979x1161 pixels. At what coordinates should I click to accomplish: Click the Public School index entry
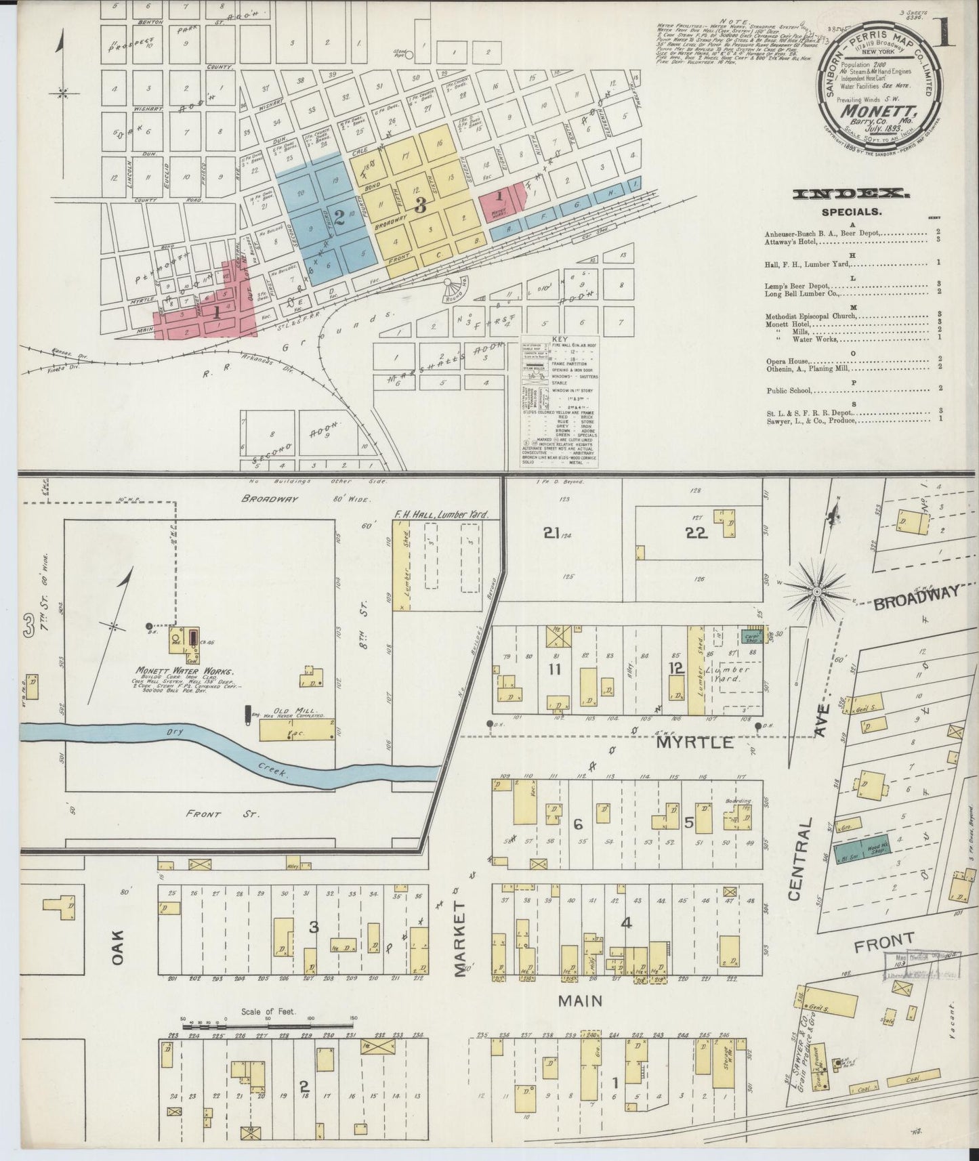789,390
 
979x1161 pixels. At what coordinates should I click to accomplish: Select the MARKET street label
461,937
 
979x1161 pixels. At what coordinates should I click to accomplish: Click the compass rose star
817,591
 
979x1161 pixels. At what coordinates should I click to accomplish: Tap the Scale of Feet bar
268,1018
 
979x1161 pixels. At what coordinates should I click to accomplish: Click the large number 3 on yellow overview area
420,205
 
